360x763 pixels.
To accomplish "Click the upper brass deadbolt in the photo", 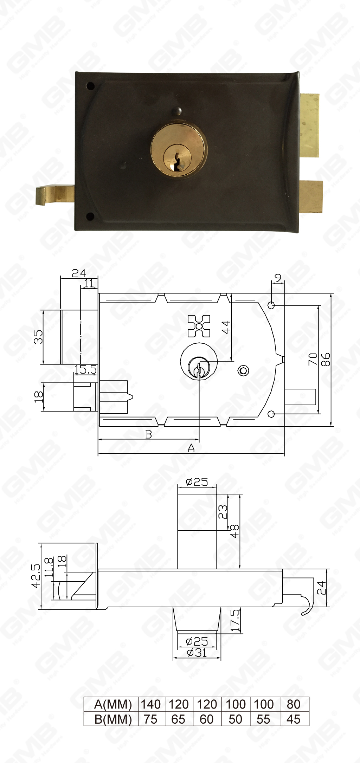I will click(310, 125).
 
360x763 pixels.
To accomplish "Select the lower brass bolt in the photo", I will click(311, 196).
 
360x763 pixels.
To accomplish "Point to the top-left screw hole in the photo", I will click(90, 85).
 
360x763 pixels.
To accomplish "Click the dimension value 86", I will click(326, 360).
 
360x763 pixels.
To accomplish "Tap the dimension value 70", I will click(313, 360).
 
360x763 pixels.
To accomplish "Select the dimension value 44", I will click(226, 327).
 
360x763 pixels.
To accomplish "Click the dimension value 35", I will click(38, 337).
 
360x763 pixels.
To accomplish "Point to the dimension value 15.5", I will click(85, 369).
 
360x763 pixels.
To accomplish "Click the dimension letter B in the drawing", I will click(149, 434).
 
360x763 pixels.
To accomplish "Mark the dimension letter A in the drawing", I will click(191, 448).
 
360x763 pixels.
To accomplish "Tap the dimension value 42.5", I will click(36, 576).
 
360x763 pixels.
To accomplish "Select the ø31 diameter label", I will click(197, 653).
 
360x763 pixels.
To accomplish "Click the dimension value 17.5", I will click(235, 620).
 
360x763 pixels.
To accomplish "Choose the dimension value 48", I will click(234, 531).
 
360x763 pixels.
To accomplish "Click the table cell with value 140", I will click(151, 704).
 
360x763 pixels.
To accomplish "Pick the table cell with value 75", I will click(150, 719).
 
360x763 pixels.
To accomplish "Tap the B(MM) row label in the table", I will click(113, 719).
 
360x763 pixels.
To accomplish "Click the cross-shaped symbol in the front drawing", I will click(199, 326).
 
